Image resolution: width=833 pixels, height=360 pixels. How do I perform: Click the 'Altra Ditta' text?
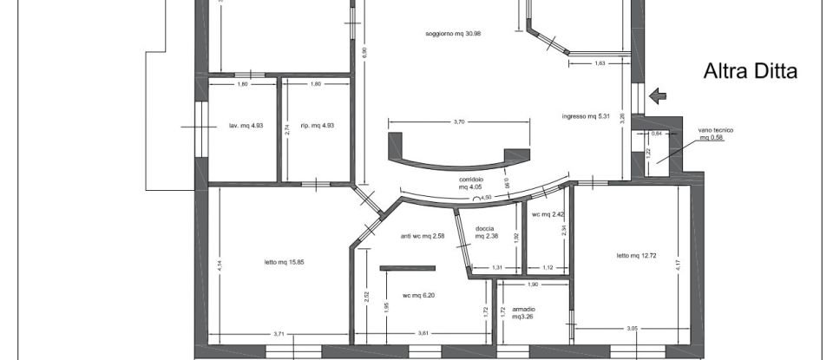(750, 72)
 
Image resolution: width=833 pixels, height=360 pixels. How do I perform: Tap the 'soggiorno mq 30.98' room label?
(453, 34)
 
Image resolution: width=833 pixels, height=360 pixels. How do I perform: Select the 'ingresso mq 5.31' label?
(587, 116)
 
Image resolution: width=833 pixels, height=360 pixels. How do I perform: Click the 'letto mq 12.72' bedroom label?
(635, 255)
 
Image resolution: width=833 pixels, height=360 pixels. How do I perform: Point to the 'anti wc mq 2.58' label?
(423, 236)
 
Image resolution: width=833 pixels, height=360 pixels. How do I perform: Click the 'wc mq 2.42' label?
(548, 214)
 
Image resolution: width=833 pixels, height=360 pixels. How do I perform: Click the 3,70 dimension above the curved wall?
(459, 122)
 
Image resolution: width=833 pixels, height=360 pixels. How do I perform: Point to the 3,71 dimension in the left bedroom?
(279, 333)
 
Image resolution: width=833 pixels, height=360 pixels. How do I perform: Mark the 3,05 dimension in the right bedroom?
(632, 328)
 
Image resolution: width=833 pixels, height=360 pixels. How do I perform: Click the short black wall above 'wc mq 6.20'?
(407, 268)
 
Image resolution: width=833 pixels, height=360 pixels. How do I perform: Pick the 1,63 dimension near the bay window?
(600, 63)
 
